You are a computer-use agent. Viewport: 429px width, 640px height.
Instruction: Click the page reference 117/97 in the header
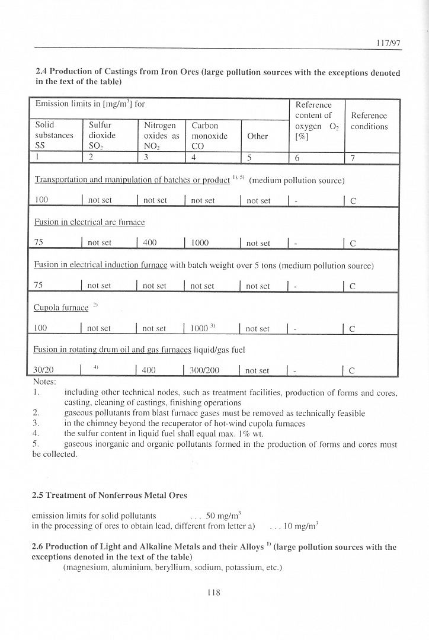(389, 43)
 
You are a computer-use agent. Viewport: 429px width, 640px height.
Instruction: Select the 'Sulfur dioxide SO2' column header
(104, 136)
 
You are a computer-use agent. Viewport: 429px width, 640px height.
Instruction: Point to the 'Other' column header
(258, 136)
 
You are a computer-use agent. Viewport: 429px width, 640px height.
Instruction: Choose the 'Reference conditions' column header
(369, 121)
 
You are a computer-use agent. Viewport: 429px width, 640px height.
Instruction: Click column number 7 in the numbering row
(353, 158)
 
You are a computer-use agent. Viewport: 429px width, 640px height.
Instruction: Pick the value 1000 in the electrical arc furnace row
(200, 243)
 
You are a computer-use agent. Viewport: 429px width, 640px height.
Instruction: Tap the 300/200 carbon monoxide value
(205, 370)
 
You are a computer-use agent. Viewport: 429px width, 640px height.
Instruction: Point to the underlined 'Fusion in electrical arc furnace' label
(89, 222)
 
